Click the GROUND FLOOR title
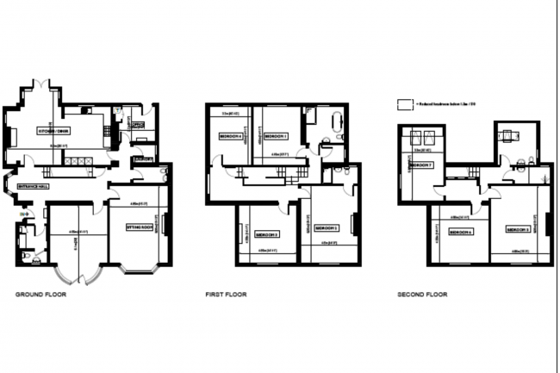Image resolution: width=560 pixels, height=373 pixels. [x=40, y=295]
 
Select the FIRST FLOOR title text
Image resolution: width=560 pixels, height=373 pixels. [x=225, y=295]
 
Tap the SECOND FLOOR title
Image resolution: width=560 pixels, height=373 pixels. [x=422, y=295]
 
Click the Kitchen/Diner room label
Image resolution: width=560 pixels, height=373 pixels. [x=53, y=130]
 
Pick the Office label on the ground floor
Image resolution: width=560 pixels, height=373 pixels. [x=136, y=125]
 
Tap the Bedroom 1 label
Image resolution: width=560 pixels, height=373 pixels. [x=275, y=136]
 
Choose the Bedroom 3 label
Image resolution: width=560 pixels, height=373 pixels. [x=266, y=233]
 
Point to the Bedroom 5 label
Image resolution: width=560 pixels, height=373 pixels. [x=517, y=231]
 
